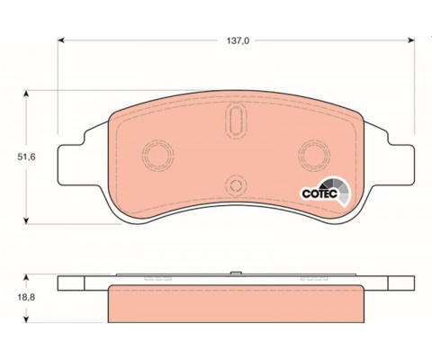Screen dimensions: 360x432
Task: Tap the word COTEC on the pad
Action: [x=318, y=190]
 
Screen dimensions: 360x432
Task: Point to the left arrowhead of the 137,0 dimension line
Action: [x=60, y=40]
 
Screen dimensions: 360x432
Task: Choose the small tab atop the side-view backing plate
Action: [x=235, y=273]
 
